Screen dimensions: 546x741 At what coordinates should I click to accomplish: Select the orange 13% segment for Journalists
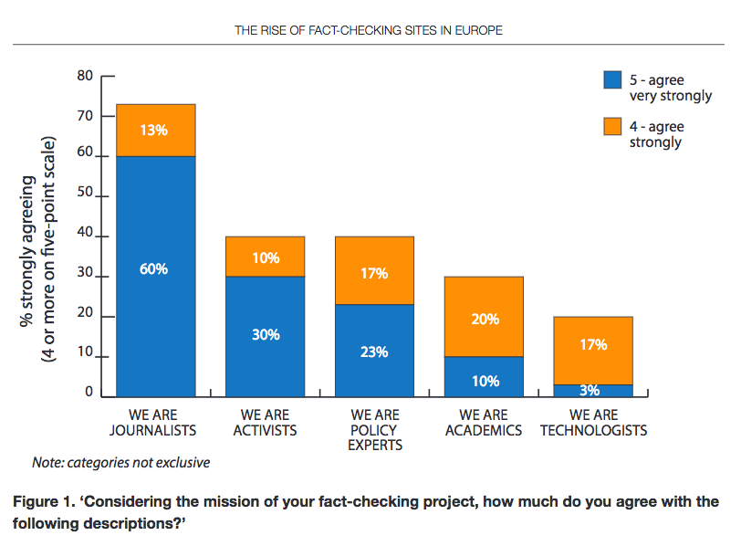pos(156,130)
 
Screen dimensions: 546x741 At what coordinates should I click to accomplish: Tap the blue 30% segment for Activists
pos(266,336)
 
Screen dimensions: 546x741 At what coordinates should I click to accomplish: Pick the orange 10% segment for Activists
pos(266,257)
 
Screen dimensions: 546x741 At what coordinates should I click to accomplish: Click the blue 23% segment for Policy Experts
pos(375,351)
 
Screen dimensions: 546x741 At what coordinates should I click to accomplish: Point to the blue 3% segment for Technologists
pos(593,391)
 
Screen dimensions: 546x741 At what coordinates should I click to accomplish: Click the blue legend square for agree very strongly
pos(612,80)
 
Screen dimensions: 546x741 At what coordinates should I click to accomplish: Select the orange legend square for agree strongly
pos(612,126)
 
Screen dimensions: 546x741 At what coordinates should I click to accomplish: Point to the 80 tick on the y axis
pos(85,77)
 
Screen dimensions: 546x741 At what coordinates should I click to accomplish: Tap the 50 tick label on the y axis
pos(85,197)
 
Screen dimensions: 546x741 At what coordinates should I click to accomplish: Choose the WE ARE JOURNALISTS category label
pos(156,423)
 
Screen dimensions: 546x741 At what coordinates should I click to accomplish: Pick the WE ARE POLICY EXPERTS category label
pos(375,430)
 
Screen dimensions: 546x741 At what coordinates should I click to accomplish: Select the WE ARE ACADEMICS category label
pos(484,423)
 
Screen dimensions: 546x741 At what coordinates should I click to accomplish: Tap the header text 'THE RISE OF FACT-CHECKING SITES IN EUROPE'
pos(369,30)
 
